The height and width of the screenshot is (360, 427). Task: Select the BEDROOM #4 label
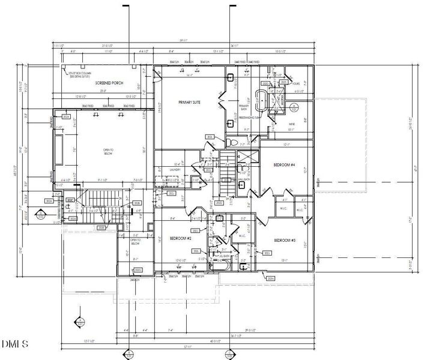click(x=285, y=164)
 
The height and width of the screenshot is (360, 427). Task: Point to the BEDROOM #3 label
click(x=285, y=240)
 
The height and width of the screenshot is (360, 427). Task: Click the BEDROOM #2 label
click(x=181, y=238)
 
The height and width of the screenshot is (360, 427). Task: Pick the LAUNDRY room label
click(x=175, y=170)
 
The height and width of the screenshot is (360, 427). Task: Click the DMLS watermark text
click(x=14, y=344)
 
